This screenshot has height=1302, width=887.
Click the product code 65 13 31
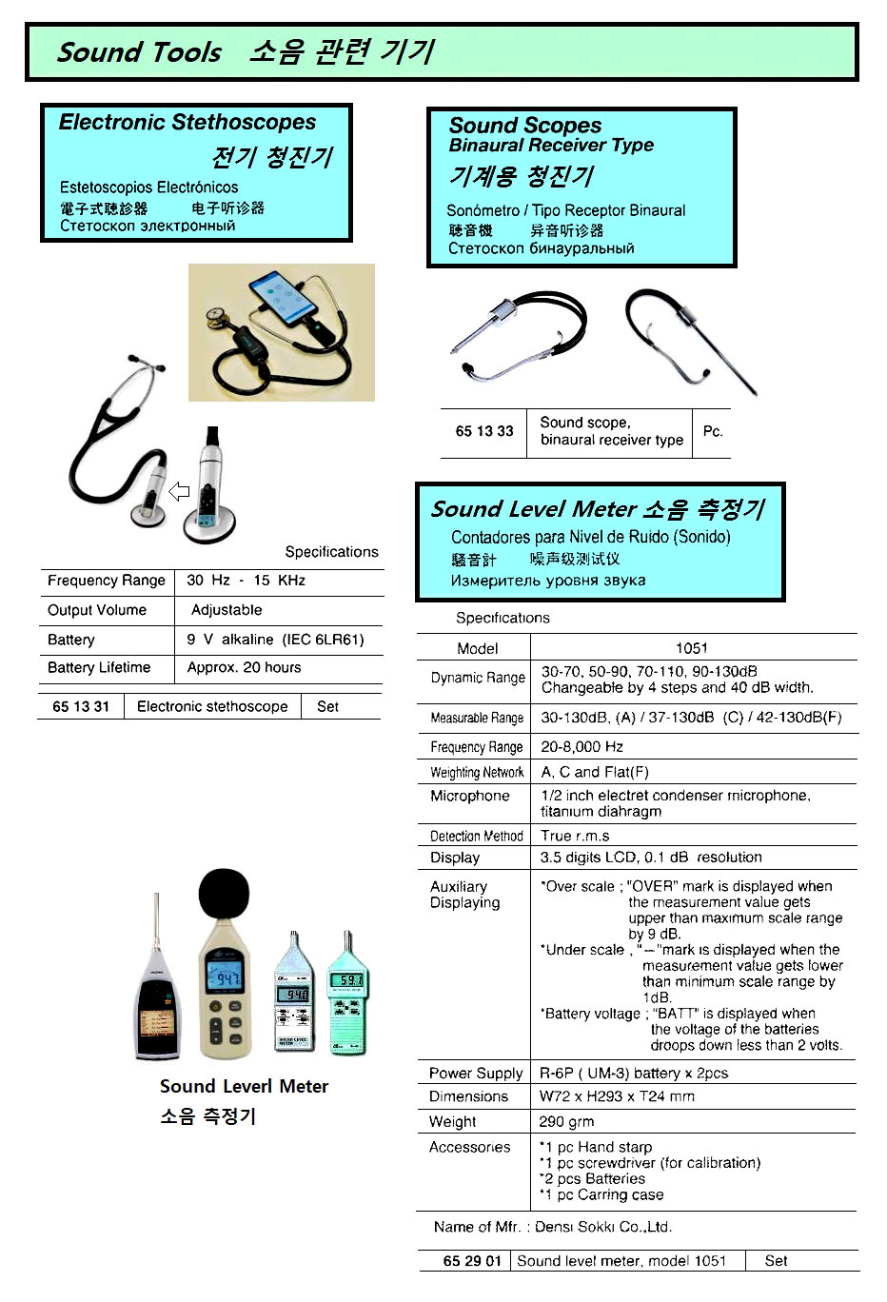pyautogui.click(x=81, y=707)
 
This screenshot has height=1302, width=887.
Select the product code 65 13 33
pyautogui.click(x=483, y=431)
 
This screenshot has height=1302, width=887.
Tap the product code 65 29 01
pyautogui.click(x=471, y=1261)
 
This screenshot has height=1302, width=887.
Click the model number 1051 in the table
pyautogui.click(x=691, y=648)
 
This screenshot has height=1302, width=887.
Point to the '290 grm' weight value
pyautogui.click(x=566, y=1122)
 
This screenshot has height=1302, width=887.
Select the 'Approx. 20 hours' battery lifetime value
pyautogui.click(x=244, y=668)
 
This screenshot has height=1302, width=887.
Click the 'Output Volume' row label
pyautogui.click(x=97, y=610)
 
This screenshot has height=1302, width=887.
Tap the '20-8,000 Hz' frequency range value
pyautogui.click(x=581, y=747)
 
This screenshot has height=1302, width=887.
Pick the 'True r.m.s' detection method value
pyautogui.click(x=575, y=836)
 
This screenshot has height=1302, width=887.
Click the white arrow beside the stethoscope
pyautogui.click(x=179, y=491)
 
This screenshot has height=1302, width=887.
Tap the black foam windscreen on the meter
pyautogui.click(x=224, y=895)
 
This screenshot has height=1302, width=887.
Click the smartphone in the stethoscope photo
pyautogui.click(x=283, y=298)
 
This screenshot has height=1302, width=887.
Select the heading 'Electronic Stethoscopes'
pyautogui.click(x=187, y=123)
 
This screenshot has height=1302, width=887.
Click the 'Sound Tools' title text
pyautogui.click(x=139, y=52)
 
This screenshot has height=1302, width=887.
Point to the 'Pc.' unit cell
pyautogui.click(x=713, y=431)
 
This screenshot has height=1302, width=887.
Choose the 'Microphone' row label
pyautogui.click(x=470, y=797)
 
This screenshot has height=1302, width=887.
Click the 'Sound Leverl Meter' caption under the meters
pyautogui.click(x=244, y=1087)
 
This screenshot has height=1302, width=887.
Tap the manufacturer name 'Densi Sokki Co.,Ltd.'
pyautogui.click(x=602, y=1228)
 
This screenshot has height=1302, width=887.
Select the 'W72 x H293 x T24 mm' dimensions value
pyautogui.click(x=617, y=1096)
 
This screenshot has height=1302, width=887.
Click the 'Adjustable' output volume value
pyautogui.click(x=227, y=610)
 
